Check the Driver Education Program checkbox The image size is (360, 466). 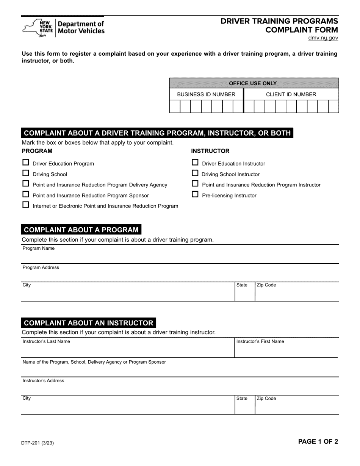[26, 163]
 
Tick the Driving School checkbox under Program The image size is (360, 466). [26, 173]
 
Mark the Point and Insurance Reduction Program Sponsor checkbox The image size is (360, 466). [26, 194]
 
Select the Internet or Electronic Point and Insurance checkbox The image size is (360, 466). [26, 205]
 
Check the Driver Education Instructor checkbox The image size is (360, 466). [195, 163]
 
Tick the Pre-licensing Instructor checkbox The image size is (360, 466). [195, 194]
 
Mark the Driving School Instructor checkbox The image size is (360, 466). [195, 173]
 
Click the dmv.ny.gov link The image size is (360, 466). [323, 38]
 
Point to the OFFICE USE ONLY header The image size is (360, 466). [253, 83]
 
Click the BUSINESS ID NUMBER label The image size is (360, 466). [206, 94]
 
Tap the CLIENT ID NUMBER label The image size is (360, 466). [291, 94]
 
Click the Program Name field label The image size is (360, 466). [39, 249]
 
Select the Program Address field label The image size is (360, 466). [41, 267]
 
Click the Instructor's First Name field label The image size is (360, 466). [260, 341]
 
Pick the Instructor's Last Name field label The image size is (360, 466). [46, 341]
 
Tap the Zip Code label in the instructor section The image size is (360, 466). [266, 399]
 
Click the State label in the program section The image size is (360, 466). [242, 285]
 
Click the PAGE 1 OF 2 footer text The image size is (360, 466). [318, 441]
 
